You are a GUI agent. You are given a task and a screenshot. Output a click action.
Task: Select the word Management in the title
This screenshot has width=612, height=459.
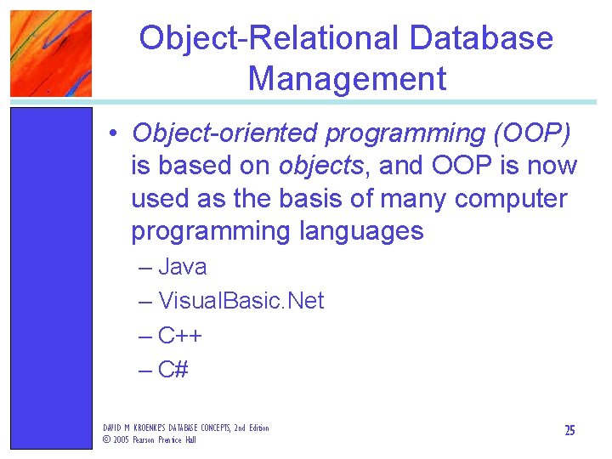[347, 78]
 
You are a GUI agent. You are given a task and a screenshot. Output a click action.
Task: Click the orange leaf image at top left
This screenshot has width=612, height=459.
[50, 53]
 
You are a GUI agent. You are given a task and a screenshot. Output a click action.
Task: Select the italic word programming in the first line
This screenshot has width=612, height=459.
[392, 133]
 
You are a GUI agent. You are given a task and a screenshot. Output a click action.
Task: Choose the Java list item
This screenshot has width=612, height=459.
[182, 267]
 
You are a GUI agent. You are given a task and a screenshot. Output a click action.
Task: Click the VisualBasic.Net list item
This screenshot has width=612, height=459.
[241, 301]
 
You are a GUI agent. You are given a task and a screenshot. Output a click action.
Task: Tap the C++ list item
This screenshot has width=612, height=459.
[179, 336]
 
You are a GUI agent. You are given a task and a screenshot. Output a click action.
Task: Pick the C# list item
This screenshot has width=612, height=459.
[173, 370]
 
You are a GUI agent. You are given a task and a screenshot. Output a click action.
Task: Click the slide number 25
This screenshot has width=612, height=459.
[569, 431]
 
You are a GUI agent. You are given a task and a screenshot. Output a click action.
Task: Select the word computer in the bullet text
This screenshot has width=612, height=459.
[510, 199]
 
